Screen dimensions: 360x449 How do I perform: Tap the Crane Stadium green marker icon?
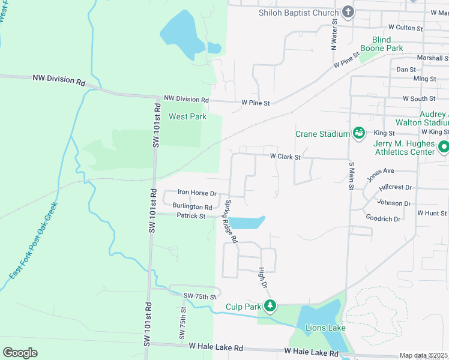[358, 133]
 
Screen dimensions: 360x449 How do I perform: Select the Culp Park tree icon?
[270, 306]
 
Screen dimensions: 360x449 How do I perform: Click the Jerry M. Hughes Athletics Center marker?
[443, 146]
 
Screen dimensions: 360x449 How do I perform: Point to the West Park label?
[187, 116]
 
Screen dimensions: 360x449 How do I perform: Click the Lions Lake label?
[325, 328]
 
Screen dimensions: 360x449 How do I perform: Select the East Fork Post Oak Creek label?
[34, 241]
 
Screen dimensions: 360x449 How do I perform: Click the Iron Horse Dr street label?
[197, 193]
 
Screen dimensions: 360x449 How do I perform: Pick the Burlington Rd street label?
[192, 206]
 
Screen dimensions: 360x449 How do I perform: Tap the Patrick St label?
[191, 216]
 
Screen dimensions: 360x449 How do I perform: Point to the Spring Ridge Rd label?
[231, 221]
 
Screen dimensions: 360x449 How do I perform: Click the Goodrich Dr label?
[382, 219]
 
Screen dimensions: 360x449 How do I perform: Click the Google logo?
[20, 352]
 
